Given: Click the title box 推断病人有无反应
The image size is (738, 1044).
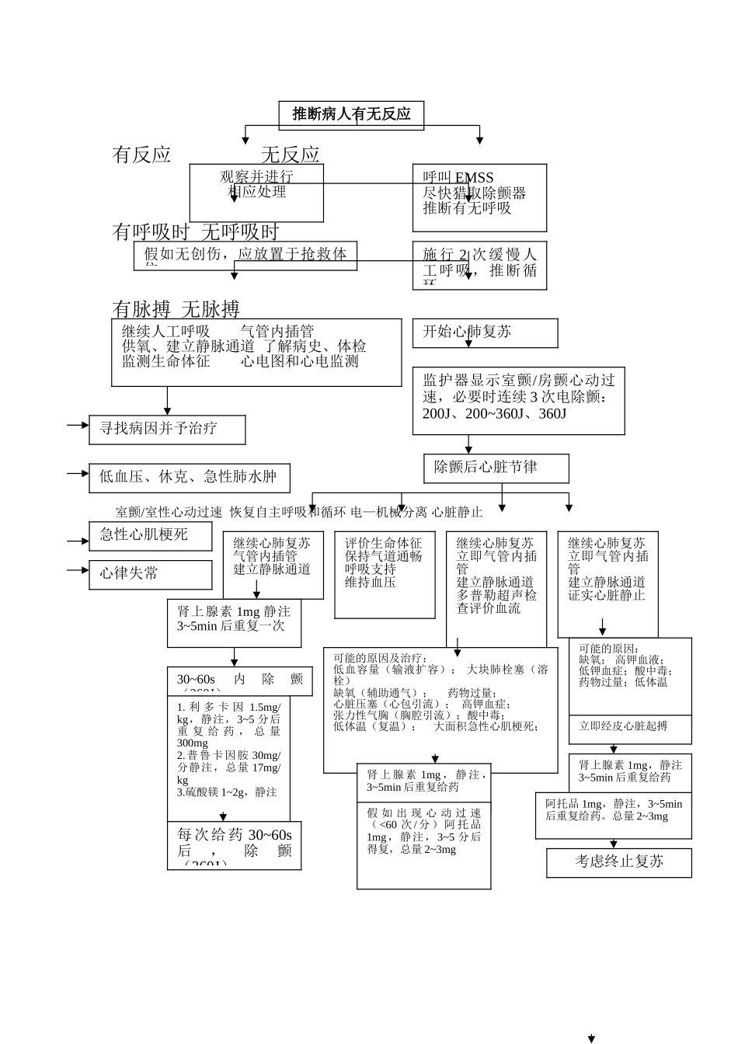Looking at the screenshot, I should point(351,115).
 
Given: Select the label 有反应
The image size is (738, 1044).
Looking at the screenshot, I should point(141,155).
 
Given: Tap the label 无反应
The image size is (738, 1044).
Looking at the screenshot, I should point(290,155).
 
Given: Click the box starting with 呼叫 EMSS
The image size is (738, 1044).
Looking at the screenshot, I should point(479,197).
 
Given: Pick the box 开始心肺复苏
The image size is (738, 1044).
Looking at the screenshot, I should point(485,332).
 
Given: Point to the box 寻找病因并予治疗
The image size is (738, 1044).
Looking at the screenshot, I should point(167,429).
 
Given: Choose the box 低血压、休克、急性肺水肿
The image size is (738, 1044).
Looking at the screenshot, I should point(189,478).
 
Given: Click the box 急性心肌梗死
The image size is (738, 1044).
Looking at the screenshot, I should point(150,535).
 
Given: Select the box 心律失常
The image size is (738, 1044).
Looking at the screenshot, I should point(150,574).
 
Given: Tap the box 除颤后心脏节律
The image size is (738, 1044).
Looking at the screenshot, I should point(496,468).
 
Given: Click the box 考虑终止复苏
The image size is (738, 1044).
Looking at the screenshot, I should point(618,862).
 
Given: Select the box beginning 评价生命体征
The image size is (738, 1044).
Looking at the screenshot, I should point(385,575).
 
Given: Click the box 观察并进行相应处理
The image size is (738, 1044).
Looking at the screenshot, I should point(256,192).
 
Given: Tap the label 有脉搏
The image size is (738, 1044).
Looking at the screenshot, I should point(141,309).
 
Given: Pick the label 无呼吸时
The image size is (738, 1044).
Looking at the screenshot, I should point(240,232).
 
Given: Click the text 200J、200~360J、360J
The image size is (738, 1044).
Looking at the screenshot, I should point(494,414).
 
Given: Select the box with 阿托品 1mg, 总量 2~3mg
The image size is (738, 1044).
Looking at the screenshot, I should point(613,815).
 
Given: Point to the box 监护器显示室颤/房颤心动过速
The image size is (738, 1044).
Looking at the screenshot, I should point(518,399).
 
